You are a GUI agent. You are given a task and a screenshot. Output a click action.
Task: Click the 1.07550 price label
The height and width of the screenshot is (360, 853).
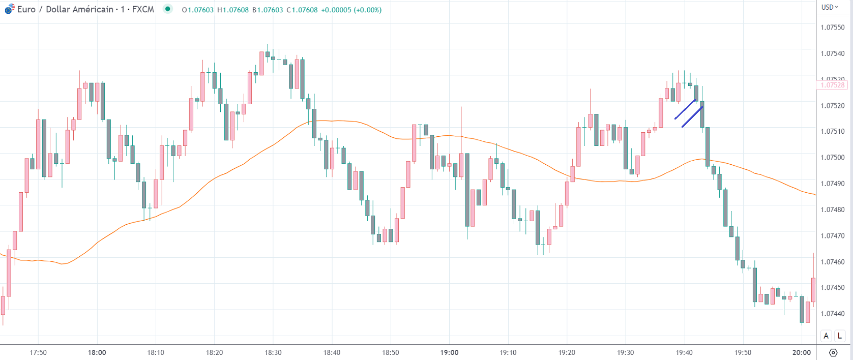coord(833,27)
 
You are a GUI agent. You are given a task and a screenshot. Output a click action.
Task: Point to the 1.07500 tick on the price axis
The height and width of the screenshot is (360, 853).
coord(833,158)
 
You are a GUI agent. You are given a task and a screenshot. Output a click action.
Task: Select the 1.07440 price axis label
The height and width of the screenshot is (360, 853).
coord(833,314)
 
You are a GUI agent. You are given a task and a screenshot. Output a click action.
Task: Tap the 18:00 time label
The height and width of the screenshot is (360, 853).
coord(97,352)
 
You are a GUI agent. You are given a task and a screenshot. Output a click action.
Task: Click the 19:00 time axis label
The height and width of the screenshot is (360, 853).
coord(449,352)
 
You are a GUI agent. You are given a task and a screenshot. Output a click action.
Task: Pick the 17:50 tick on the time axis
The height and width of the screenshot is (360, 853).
coord(38,352)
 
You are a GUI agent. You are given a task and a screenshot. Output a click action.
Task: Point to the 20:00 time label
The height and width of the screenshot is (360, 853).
coord(802,352)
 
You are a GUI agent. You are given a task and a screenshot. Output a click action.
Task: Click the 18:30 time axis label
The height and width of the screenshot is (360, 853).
coord(273,352)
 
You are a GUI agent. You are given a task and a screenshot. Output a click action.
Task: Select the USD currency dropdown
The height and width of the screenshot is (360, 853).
coord(830,7)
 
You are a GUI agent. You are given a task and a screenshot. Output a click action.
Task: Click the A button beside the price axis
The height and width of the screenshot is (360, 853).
coord(826,336)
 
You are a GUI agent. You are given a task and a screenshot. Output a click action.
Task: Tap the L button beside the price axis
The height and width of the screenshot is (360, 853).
coord(840,336)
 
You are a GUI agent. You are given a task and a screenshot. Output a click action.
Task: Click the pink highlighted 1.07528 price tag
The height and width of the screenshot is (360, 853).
coord(833,85)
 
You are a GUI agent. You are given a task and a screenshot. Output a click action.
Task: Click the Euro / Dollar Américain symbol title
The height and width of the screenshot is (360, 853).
coord(65,10)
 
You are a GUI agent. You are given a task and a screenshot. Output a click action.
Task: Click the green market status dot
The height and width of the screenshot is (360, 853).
coord(167,9)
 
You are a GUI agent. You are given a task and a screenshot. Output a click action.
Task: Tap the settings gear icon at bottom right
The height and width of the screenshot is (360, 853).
coord(833,352)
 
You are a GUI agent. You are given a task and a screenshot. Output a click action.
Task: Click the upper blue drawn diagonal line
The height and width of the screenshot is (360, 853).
coord(685,109)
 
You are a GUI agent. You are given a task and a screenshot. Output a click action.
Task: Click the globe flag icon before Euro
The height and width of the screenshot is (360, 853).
coord(10,9)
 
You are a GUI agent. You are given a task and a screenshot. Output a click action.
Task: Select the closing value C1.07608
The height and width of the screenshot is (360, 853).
coord(302,10)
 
